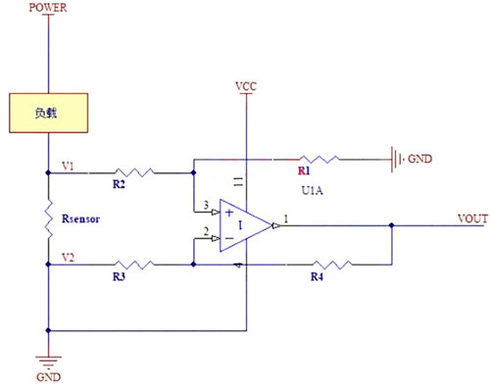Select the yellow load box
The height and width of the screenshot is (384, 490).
[48, 113]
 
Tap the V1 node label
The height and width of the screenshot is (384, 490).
[67, 164]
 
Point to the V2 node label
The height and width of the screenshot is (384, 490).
[67, 256]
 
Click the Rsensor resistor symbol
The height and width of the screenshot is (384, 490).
[47, 218]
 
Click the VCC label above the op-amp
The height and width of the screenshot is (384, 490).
[247, 86]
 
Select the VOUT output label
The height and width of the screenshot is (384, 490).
[470, 217]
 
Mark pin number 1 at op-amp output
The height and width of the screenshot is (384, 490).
[285, 217]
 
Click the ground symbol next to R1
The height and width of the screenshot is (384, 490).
[398, 157]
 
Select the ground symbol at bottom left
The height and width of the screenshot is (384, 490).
[47, 360]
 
